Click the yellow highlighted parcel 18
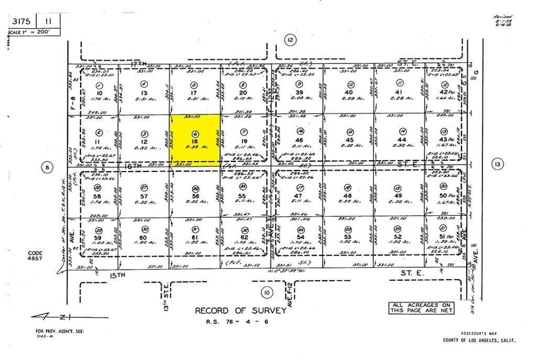pos(195,141)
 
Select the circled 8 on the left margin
pos(47,167)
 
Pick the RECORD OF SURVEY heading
pos(241,310)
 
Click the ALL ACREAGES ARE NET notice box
pos(421,308)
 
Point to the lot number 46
pos(300,141)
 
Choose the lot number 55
pos(243,195)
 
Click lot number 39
pos(299,92)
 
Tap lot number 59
pos(98,237)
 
